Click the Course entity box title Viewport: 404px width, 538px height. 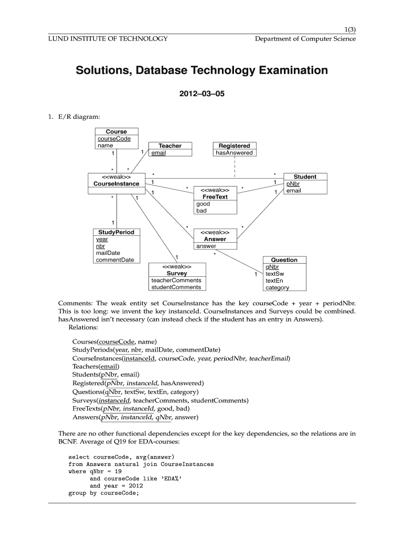point(116,131)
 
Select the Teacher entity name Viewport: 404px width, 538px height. point(169,146)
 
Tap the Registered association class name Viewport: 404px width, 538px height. point(234,146)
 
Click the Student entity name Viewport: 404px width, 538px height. point(305,177)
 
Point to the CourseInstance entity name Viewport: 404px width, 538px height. point(116,184)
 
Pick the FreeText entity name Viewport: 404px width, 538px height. point(215,196)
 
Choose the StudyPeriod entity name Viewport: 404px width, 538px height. point(116,232)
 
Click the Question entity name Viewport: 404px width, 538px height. point(284,260)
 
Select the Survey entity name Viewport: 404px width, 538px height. point(177,273)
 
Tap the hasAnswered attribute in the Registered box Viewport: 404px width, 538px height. point(234,153)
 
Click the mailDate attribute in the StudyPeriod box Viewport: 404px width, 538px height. point(108,253)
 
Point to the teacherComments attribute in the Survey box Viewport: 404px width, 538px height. point(176,280)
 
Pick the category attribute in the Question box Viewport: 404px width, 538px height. point(277,287)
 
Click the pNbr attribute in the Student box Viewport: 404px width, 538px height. point(293,184)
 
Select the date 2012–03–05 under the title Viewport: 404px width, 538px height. point(202,96)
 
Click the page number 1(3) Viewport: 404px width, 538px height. point(348,29)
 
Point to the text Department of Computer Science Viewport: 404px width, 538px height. point(305,39)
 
